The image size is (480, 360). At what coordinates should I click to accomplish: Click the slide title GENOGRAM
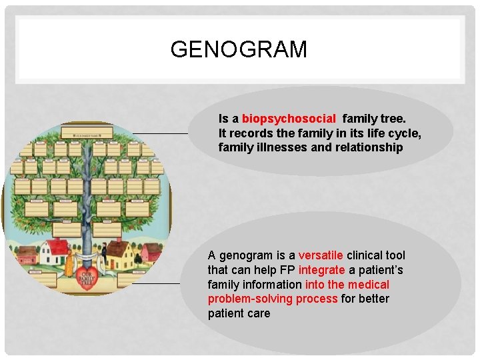click(239, 50)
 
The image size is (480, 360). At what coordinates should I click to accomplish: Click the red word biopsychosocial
click(289, 119)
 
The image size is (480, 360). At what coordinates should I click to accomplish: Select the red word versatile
click(321, 255)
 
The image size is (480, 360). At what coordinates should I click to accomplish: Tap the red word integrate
click(322, 270)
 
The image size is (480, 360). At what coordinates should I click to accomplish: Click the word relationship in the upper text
click(369, 147)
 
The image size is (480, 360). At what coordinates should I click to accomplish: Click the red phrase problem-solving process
click(273, 299)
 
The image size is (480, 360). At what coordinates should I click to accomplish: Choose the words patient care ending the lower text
click(239, 313)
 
